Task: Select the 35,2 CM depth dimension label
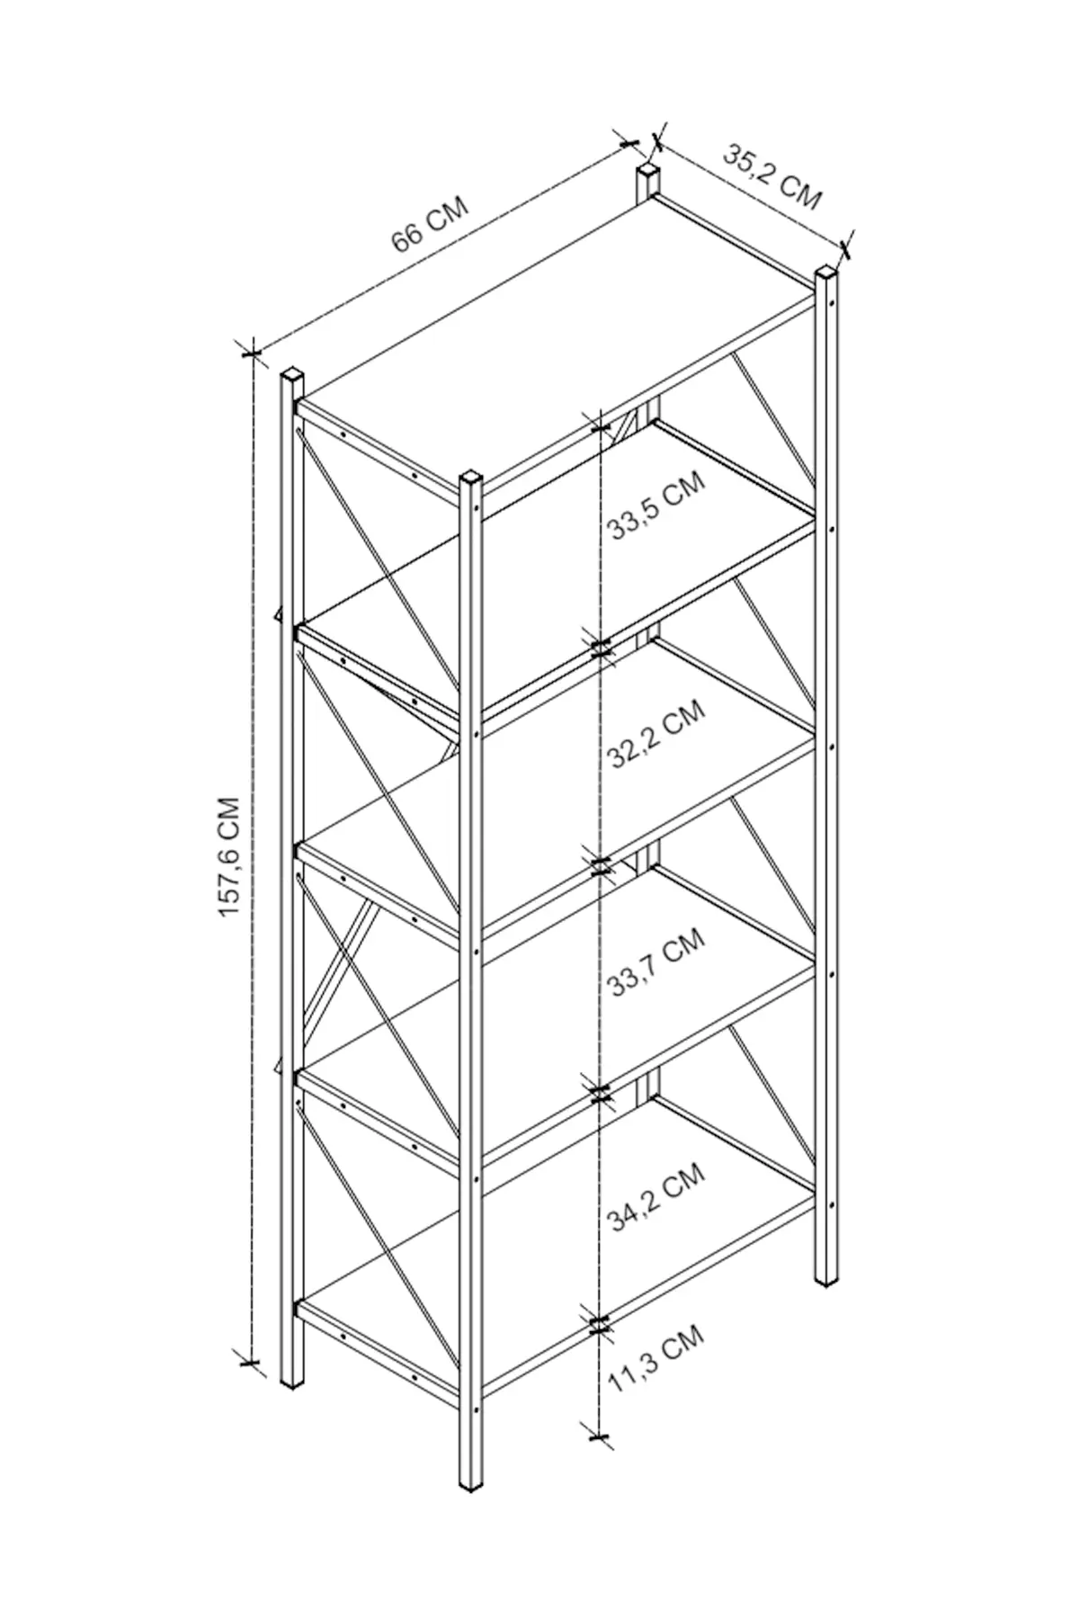coord(772,177)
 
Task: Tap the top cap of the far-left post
coord(292,373)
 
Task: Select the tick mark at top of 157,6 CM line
coord(250,351)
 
